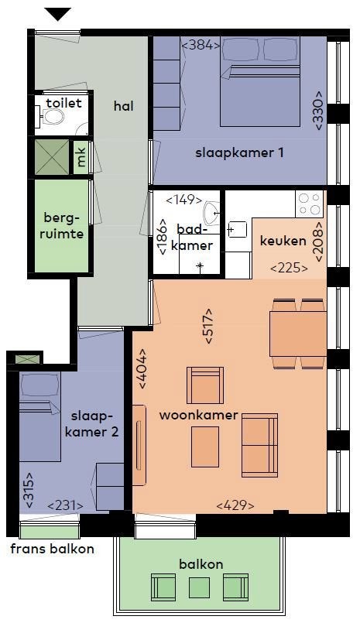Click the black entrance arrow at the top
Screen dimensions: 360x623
(58, 14)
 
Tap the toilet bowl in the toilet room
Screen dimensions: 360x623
(53, 117)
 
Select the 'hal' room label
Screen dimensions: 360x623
(124, 106)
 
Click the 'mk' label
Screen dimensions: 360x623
(81, 157)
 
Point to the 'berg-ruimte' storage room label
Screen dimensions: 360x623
(62, 225)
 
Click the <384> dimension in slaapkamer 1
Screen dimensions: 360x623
(201, 46)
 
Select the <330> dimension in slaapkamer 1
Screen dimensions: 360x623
(319, 111)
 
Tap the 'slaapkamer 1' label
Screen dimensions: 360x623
(239, 152)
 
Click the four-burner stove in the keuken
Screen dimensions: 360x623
(309, 204)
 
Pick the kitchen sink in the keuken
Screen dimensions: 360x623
(237, 230)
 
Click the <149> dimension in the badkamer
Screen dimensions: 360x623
(184, 200)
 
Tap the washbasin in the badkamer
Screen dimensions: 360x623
(211, 214)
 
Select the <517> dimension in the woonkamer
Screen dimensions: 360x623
(208, 326)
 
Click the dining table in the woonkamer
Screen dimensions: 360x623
(298, 334)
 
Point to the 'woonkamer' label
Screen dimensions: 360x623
(199, 415)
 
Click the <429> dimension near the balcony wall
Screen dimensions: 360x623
(235, 505)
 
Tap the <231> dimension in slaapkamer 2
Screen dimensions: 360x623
(66, 505)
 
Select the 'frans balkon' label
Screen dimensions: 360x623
(53, 549)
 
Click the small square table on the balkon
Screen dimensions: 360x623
(199, 587)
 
